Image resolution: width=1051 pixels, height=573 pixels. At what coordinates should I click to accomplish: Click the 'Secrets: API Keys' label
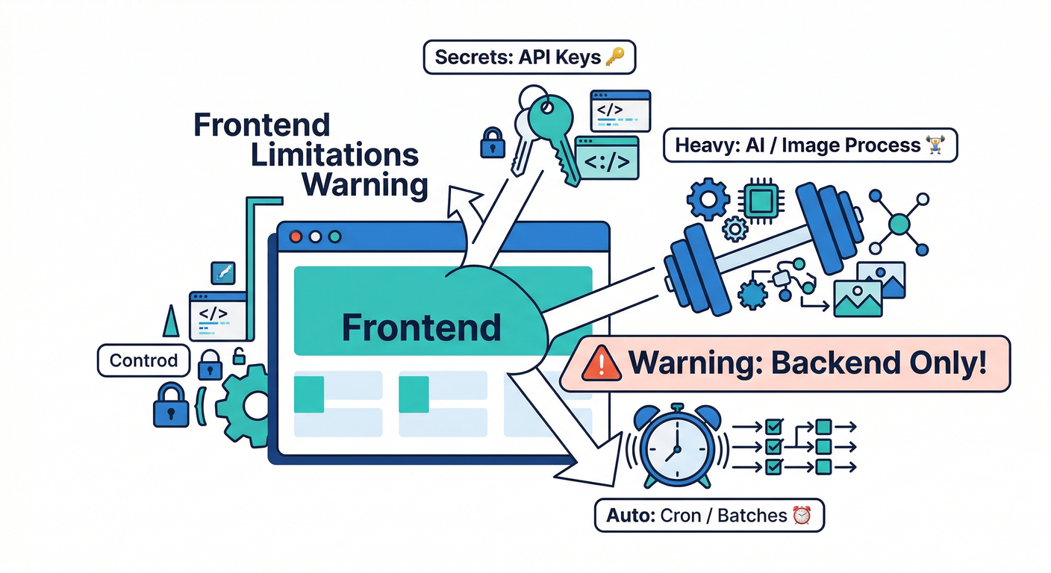529,57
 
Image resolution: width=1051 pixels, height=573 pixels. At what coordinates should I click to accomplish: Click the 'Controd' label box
143,360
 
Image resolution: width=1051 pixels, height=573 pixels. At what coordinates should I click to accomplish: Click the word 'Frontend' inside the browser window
421,328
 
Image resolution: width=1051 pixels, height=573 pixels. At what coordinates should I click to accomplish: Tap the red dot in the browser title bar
296,237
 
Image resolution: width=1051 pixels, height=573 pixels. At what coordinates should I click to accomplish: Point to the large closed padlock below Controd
171,406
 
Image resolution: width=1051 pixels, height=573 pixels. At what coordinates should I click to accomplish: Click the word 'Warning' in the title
366,184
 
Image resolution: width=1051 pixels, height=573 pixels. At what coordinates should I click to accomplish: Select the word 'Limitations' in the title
334,154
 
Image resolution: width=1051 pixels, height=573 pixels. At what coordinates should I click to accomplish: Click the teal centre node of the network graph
899,223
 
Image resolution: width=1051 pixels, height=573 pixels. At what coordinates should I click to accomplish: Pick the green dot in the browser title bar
334,237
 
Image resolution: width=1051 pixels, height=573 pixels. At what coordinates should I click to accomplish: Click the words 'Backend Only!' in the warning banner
878,363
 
